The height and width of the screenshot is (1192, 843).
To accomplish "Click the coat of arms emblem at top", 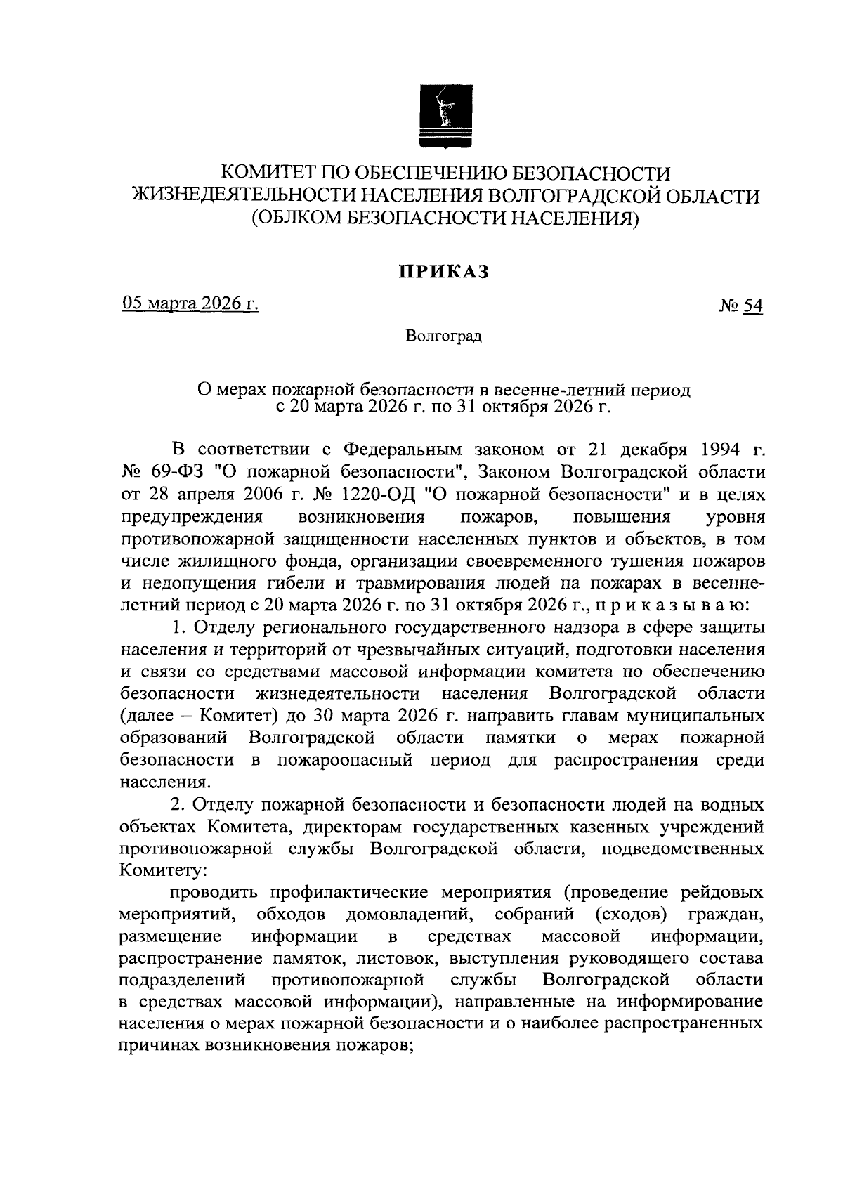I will (x=444, y=117).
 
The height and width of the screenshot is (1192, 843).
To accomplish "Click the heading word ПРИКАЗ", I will (x=443, y=272).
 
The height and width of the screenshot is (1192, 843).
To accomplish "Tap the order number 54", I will (x=753, y=306).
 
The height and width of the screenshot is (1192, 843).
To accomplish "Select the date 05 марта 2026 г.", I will (x=190, y=303).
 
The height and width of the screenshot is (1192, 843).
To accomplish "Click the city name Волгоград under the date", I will (x=443, y=337).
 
